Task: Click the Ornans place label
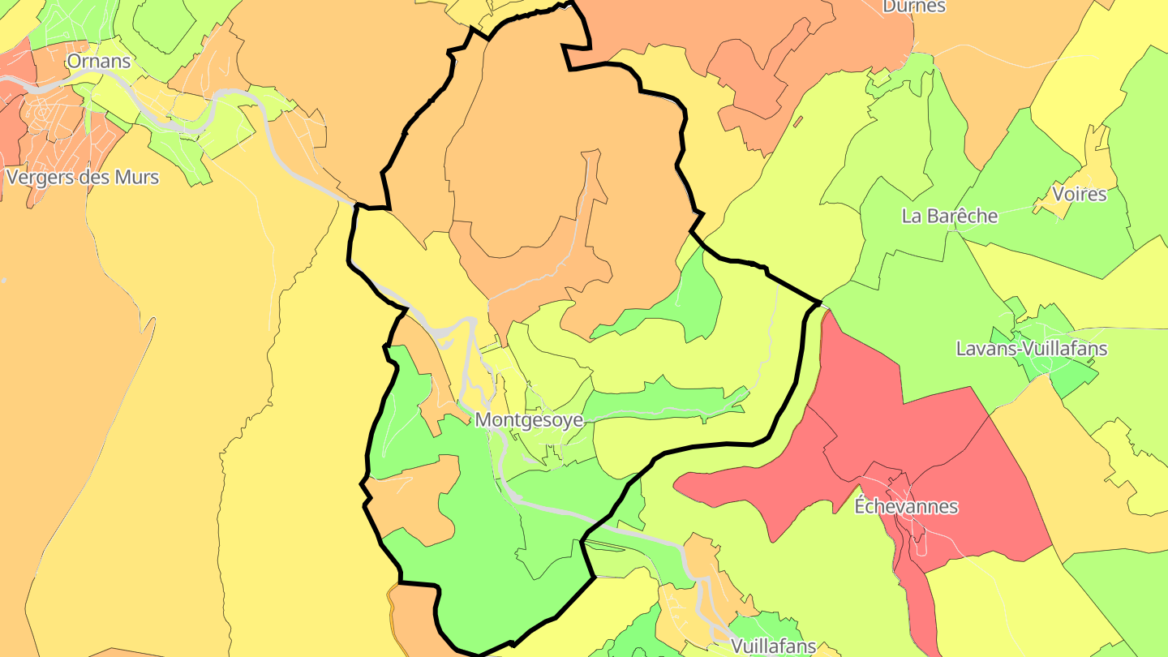click(98, 61)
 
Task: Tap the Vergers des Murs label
click(82, 177)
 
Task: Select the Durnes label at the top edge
click(913, 6)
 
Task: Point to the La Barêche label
click(950, 216)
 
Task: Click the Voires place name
click(1079, 194)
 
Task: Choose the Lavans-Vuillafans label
click(1032, 349)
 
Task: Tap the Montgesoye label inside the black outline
click(529, 420)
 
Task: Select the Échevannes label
click(906, 506)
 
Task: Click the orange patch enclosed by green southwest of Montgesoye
click(410, 503)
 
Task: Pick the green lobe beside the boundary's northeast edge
click(689, 300)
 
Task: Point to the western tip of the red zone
click(681, 487)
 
